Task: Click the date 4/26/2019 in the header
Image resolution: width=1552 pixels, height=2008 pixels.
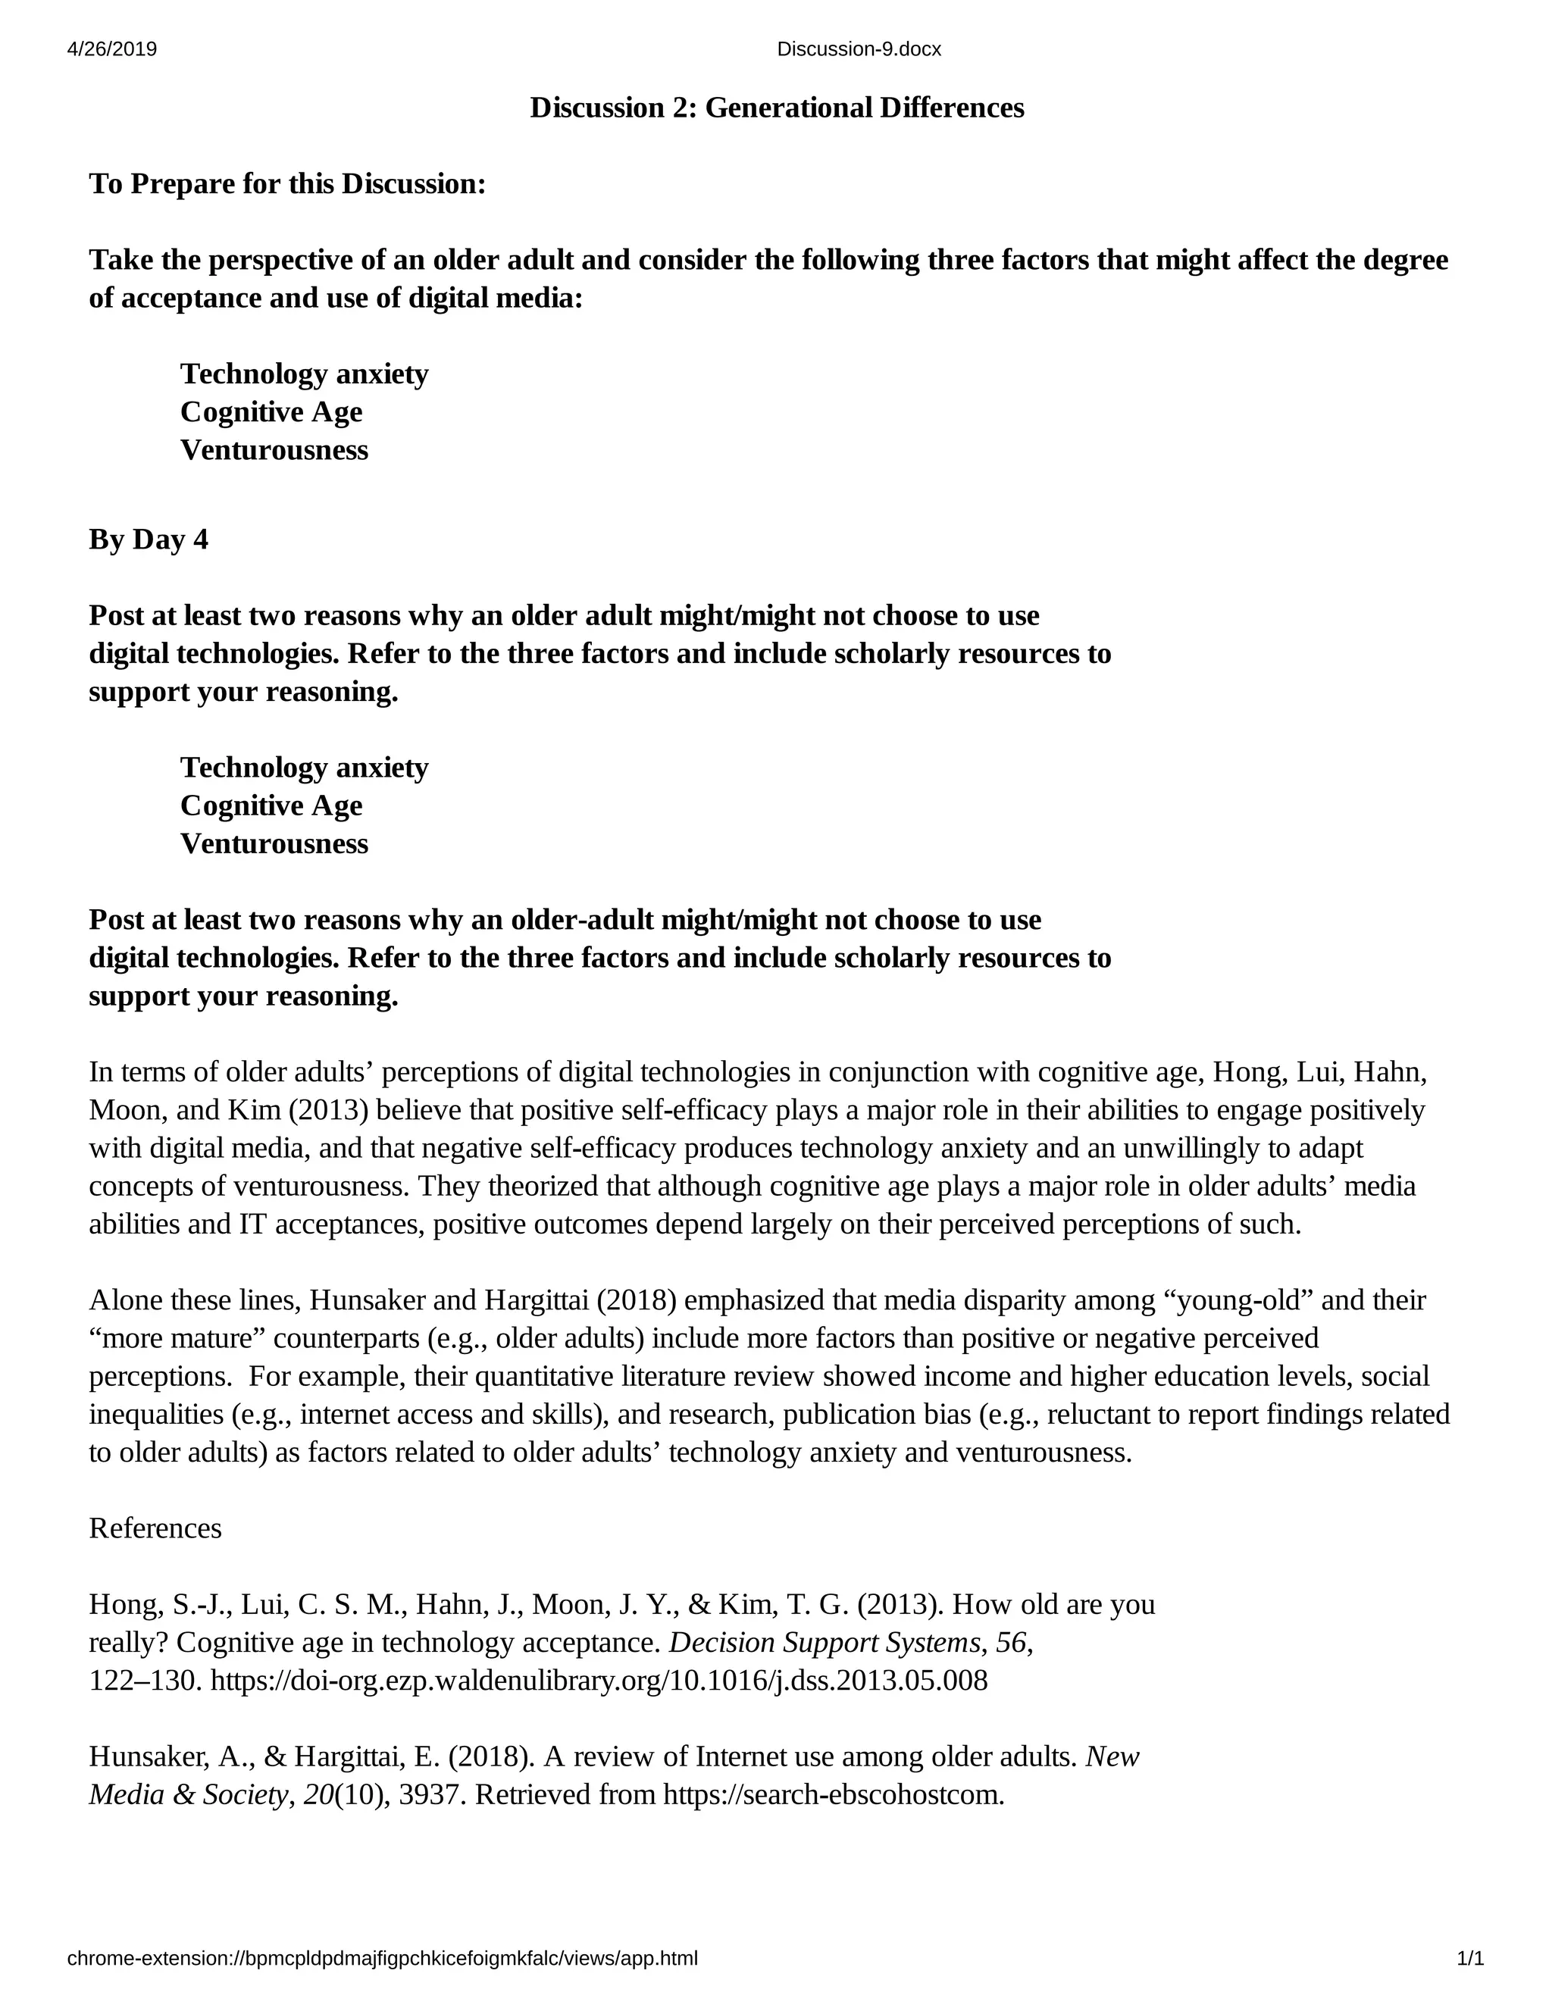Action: [x=112, y=50]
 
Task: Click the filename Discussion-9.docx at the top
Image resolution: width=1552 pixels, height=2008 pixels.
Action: [x=859, y=50]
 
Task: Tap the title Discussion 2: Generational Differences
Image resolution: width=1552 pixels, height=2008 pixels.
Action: [x=777, y=108]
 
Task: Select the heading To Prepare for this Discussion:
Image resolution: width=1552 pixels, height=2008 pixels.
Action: [x=287, y=184]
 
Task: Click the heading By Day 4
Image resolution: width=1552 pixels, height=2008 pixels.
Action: [x=148, y=540]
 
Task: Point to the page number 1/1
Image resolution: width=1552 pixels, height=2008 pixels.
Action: [x=1470, y=1958]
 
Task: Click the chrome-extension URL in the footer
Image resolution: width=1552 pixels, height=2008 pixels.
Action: [x=383, y=1958]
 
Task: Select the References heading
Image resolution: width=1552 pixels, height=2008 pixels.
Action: [x=155, y=1528]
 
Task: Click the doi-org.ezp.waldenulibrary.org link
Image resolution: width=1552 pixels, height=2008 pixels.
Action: [x=599, y=1681]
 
